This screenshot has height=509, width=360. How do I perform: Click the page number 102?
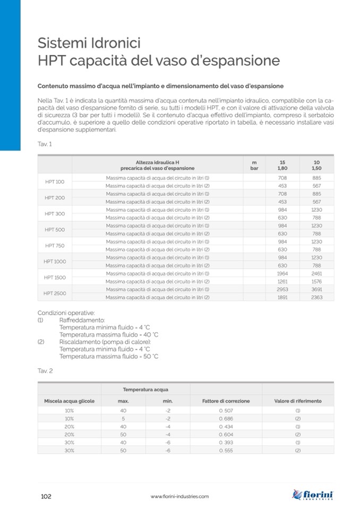46,496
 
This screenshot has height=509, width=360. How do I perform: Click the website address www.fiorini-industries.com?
179,497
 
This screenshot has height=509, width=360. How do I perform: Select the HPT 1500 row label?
55,277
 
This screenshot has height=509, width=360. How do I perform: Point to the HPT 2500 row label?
55,293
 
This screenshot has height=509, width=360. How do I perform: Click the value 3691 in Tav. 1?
316,289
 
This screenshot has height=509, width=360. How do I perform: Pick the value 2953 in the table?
282,289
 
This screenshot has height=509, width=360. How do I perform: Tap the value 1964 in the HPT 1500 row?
282,273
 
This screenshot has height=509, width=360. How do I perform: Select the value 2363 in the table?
316,297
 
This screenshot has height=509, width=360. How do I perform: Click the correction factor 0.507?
226,410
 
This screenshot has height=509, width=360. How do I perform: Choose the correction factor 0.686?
226,418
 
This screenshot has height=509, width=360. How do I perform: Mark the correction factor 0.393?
226,442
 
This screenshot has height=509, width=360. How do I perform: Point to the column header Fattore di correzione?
226,401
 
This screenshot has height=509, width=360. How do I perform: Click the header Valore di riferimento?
297,401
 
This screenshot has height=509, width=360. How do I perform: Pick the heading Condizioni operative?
66,313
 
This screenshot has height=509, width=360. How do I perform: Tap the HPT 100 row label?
55,182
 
